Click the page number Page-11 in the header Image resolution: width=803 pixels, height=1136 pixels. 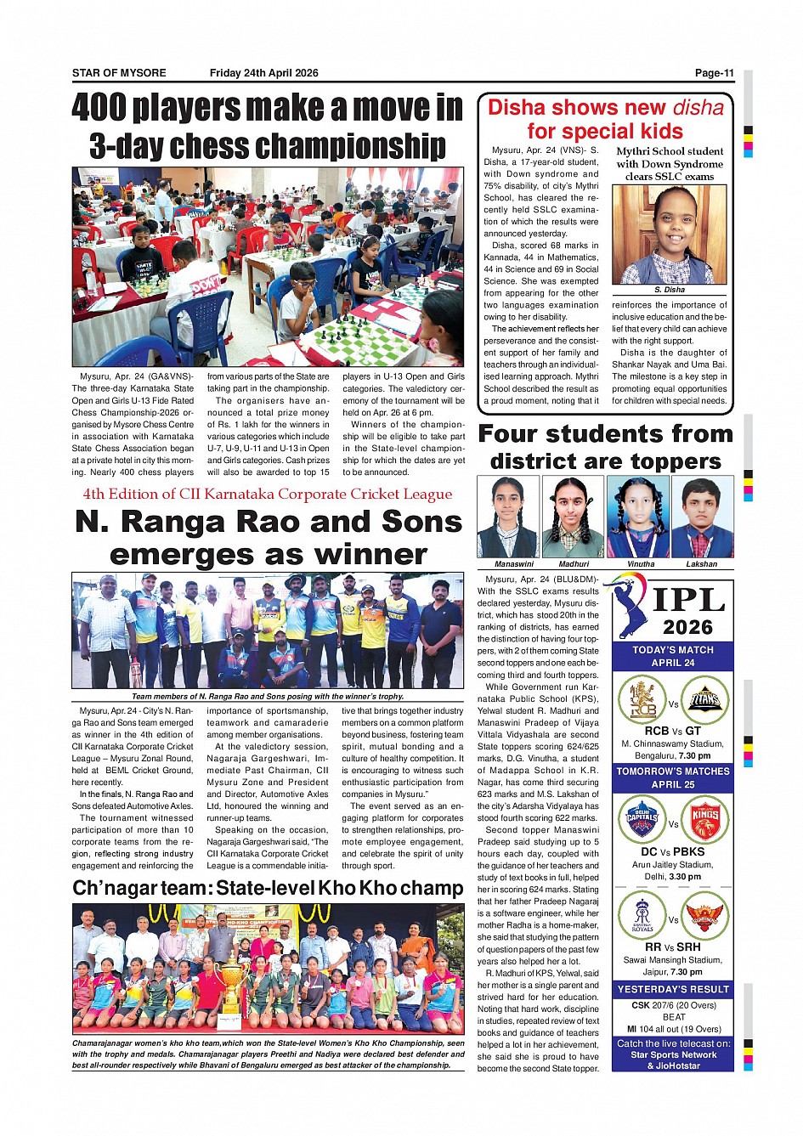[x=714, y=73]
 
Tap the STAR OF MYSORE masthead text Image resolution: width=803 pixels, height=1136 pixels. [x=119, y=73]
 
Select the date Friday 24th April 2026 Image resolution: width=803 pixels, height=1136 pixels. [x=263, y=73]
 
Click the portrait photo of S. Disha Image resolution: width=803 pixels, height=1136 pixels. [x=669, y=235]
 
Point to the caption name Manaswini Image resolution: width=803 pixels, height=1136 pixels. [x=514, y=564]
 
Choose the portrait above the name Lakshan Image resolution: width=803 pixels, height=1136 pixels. [x=702, y=517]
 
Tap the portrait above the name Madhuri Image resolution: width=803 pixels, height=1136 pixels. [x=573, y=517]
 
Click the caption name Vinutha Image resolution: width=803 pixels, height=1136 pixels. [x=641, y=564]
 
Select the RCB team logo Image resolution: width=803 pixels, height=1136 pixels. [x=642, y=699]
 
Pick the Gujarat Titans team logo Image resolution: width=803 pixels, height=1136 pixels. [x=705, y=699]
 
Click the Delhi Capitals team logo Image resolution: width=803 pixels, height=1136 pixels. [x=642, y=819]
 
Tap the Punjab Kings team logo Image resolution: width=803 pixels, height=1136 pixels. [x=705, y=819]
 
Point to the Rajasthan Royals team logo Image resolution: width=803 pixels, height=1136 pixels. [x=642, y=915]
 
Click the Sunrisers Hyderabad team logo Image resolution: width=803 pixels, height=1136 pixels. [x=705, y=915]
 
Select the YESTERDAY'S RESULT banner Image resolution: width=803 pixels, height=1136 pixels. [x=673, y=990]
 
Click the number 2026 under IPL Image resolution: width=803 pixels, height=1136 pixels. [x=687, y=628]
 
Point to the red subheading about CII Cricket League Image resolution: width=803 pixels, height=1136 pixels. [x=267, y=495]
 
